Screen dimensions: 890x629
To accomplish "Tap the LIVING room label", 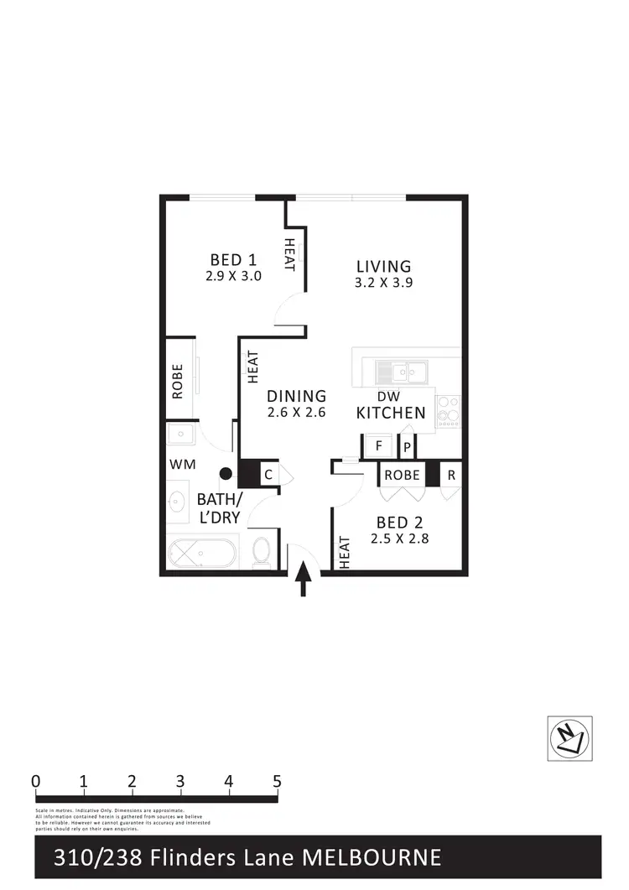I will pyautogui.click(x=382, y=267).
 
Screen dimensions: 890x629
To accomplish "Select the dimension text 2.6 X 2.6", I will pyautogui.click(x=296, y=413).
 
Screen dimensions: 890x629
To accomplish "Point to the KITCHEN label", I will pyautogui.click(x=391, y=413).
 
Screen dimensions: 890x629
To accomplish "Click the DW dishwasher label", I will pyautogui.click(x=387, y=396).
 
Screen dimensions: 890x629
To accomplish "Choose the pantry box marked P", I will pyautogui.click(x=408, y=447).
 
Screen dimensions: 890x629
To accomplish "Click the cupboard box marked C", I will pyautogui.click(x=268, y=474).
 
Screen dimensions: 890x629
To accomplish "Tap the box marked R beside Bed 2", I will pyautogui.click(x=451, y=474).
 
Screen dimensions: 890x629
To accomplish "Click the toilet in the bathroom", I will pyautogui.click(x=262, y=553).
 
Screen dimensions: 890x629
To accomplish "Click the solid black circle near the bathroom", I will pyautogui.click(x=226, y=474).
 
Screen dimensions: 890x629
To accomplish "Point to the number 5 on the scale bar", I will pyautogui.click(x=277, y=781).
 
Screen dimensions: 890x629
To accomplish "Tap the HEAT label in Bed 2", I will pyautogui.click(x=345, y=551).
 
